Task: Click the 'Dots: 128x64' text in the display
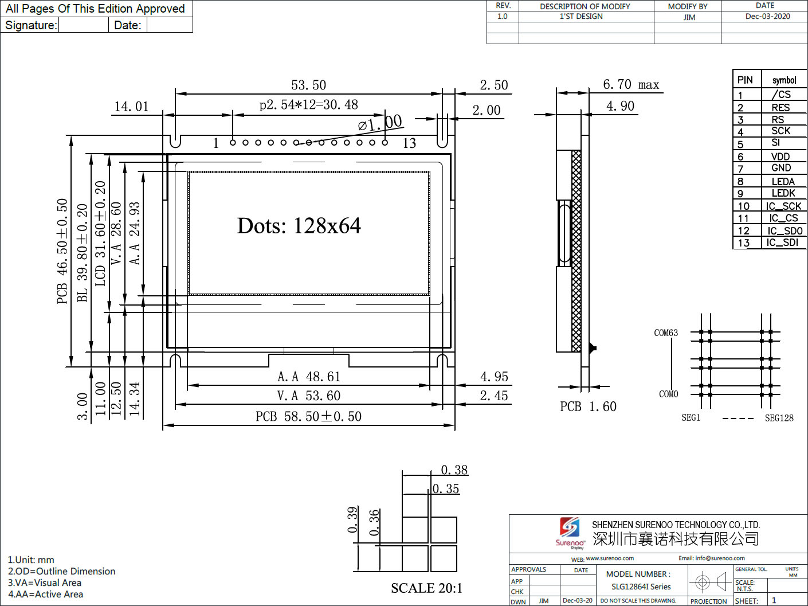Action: tap(299, 225)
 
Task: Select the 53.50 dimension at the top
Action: tap(308, 85)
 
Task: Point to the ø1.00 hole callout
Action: tap(380, 123)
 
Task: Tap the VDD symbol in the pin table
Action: tap(780, 157)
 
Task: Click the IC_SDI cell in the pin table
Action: tap(782, 243)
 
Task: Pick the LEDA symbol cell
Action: tap(783, 181)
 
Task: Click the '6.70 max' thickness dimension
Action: tap(630, 84)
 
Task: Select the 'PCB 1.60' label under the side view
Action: tap(588, 406)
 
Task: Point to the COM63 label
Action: tap(665, 333)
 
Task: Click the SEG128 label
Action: tap(779, 418)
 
